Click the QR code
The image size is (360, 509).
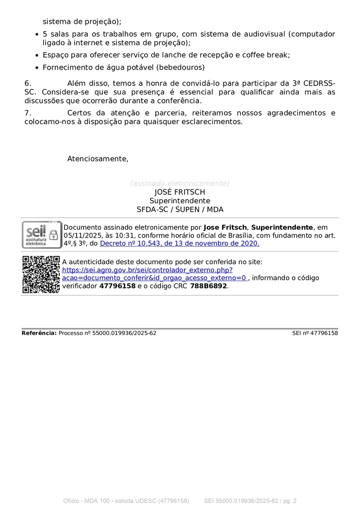click(41, 274)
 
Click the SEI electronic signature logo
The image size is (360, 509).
click(42, 235)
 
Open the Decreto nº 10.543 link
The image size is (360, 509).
click(180, 244)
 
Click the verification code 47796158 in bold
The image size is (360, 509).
click(117, 286)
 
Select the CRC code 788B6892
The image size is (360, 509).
click(208, 286)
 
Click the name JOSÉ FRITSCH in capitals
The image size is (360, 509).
click(180, 192)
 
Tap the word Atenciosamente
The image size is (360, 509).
click(97, 159)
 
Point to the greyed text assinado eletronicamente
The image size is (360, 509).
click(180, 183)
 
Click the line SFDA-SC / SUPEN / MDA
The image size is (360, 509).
click(180, 210)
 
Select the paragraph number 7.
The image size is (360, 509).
click(28, 113)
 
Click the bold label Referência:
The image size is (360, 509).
click(39, 333)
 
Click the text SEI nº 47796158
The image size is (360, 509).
click(315, 333)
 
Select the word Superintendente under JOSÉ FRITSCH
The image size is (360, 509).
click(180, 201)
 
